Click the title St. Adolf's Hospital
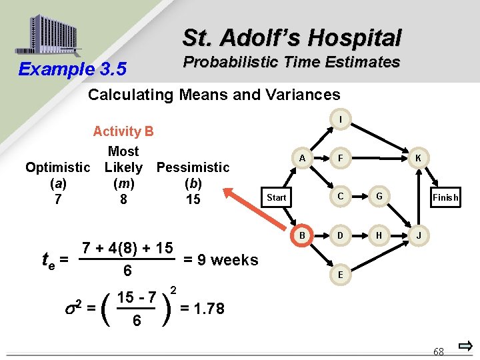(292, 37)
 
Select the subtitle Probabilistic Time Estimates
(291, 63)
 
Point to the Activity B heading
(123, 132)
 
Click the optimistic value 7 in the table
(58, 199)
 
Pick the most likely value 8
(123, 199)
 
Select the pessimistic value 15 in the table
(193, 199)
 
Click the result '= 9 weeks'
(220, 260)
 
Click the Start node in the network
(276, 197)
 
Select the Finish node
(445, 197)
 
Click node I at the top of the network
(341, 120)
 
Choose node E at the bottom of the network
(341, 274)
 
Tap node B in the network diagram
(302, 235)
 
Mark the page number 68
(439, 351)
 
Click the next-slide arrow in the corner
(466, 346)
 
